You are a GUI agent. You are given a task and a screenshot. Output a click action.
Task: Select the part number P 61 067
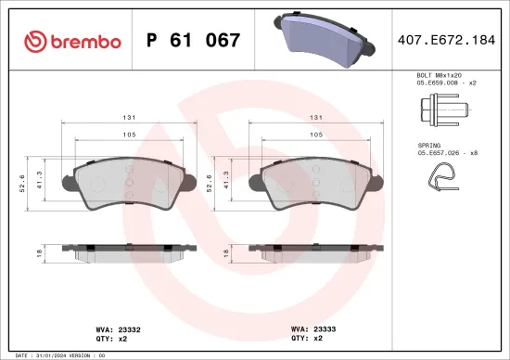tap(194, 41)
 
